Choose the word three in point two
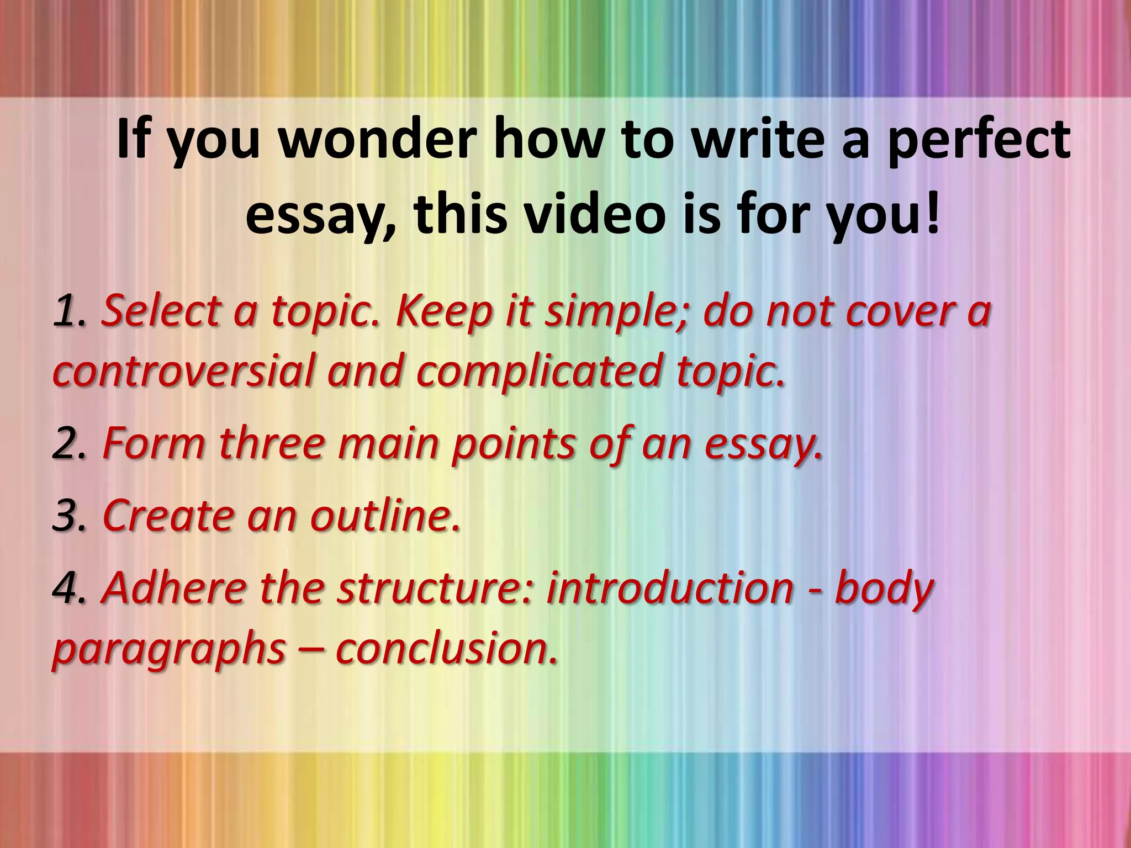[x=271, y=444]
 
